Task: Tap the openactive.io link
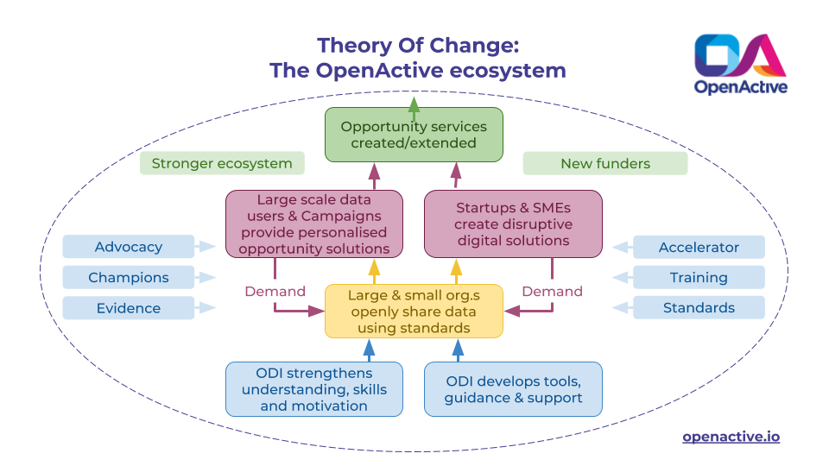(731, 437)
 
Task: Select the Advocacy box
(128, 247)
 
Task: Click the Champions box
(128, 278)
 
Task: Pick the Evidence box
(128, 308)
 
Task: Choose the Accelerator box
(699, 248)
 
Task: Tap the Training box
(699, 278)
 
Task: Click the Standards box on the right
(699, 308)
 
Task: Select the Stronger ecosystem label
(222, 163)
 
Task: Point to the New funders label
(604, 163)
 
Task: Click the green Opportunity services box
(414, 135)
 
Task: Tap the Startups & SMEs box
(513, 224)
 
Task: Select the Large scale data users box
(313, 224)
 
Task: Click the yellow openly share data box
(414, 312)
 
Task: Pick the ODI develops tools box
(513, 389)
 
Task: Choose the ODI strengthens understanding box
(313, 389)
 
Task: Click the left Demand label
(275, 292)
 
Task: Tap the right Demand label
(552, 292)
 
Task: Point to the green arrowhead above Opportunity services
(414, 104)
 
